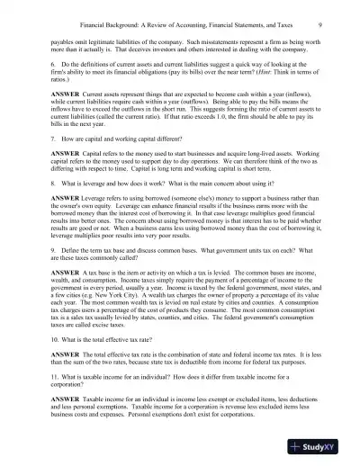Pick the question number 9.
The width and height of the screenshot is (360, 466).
[x=52, y=273]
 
